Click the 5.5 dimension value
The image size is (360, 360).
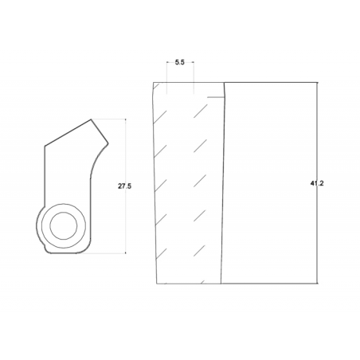point(179,62)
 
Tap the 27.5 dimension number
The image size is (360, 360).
point(124,186)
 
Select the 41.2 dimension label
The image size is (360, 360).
point(317,183)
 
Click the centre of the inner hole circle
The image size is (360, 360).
point(64,226)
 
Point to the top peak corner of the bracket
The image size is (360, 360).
point(91,119)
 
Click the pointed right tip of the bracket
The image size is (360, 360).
point(108,144)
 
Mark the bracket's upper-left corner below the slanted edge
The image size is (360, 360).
point(45,146)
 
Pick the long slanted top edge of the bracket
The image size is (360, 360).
point(68,132)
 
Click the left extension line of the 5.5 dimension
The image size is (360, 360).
point(166,77)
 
